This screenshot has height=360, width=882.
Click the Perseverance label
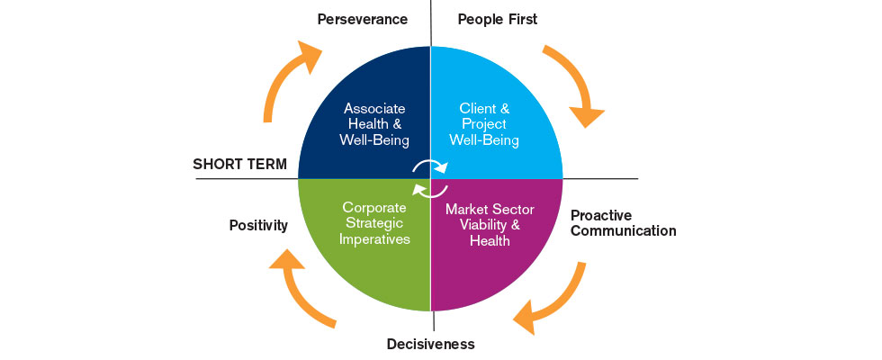[x=362, y=20]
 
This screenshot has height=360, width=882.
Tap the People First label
[x=498, y=20]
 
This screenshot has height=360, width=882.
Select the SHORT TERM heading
[x=240, y=164]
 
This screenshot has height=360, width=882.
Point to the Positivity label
[x=259, y=226]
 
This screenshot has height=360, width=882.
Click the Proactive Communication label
[x=623, y=223]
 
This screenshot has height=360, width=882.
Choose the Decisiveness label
[x=431, y=344]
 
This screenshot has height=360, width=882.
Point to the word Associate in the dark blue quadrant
[x=374, y=109]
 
